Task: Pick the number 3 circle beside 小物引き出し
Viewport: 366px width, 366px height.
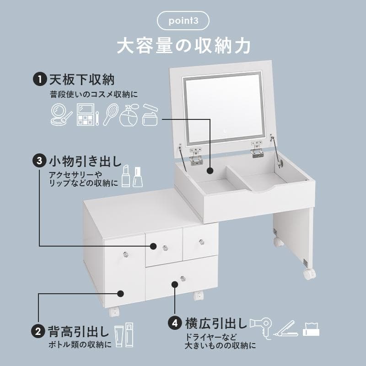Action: [39, 161]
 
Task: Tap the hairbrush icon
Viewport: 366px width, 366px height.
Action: [111, 114]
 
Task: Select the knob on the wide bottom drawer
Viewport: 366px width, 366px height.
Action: [183, 278]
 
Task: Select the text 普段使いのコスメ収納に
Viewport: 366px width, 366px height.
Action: [94, 94]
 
